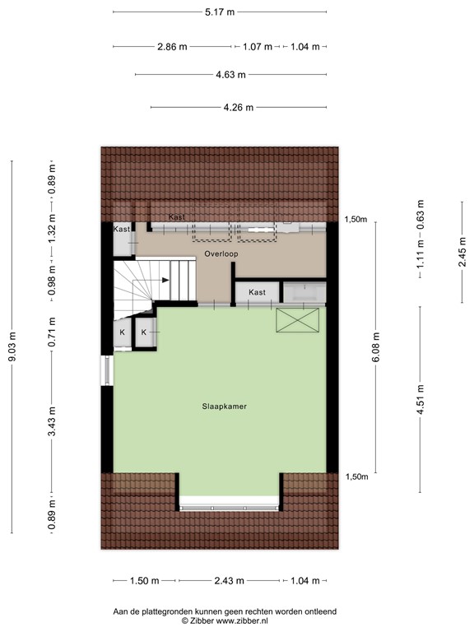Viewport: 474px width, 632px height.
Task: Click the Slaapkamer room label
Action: click(225, 407)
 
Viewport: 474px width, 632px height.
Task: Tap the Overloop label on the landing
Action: click(221, 255)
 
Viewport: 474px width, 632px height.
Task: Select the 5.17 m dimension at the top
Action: click(219, 12)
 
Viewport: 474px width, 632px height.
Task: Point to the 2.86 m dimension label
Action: click(171, 47)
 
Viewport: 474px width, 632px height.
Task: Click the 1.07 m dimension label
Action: click(258, 47)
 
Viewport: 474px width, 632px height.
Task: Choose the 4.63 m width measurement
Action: click(230, 75)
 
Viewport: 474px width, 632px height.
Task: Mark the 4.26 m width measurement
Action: click(239, 107)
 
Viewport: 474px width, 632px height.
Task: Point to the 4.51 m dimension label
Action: click(421, 402)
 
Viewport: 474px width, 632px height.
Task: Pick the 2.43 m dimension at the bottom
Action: click(230, 581)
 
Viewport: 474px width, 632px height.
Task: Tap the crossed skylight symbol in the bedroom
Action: click(297, 320)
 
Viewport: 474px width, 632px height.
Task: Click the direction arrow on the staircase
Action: click(165, 280)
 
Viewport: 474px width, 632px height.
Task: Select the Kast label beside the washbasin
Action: click(257, 292)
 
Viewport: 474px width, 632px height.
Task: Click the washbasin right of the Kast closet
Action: click(304, 292)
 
